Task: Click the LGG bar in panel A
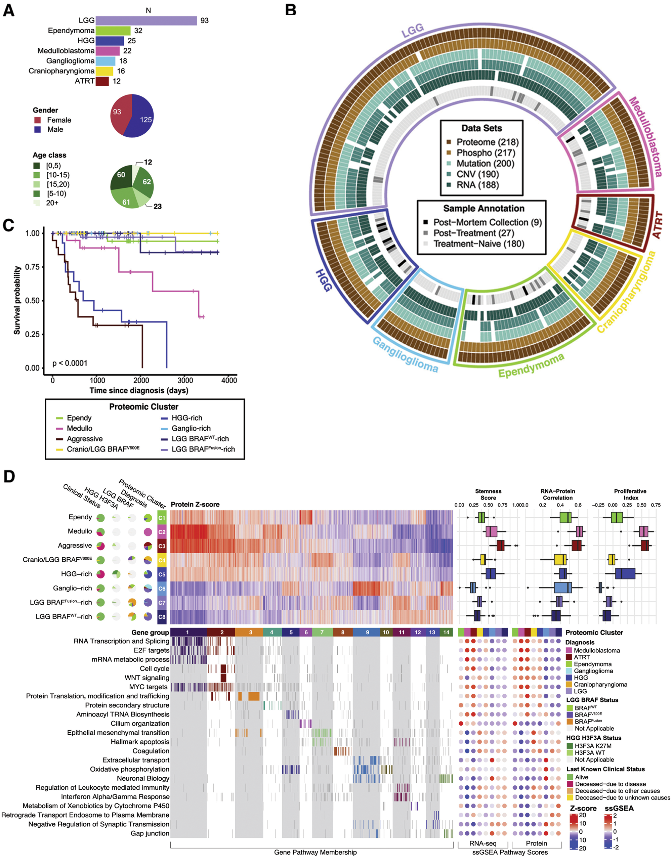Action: point(146,20)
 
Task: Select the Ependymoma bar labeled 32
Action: point(113,31)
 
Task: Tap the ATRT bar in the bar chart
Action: point(102,81)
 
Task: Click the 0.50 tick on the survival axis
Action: point(32,301)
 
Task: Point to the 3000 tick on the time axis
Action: point(185,380)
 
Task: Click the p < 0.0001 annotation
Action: point(70,363)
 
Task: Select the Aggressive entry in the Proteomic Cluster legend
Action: point(84,439)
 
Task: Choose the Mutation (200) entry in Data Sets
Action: point(485,164)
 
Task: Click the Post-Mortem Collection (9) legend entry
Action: point(487,222)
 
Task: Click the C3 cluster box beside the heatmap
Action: point(162,546)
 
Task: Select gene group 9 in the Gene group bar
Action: point(367,632)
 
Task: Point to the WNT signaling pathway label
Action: point(146,678)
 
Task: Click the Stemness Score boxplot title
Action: point(488,494)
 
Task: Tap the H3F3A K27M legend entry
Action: point(593,746)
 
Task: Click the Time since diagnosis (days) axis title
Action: point(139,391)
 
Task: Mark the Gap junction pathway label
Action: point(150,833)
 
